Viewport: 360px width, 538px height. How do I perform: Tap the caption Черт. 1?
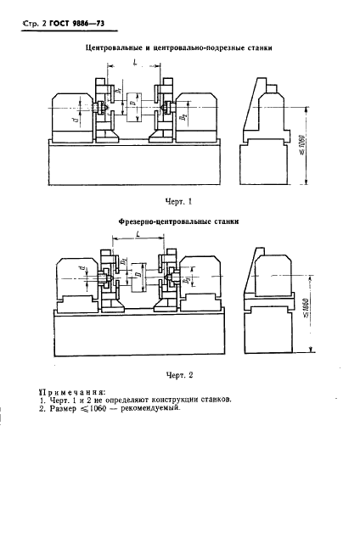click(x=177, y=200)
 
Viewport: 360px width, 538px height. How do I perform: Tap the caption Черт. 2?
click(x=178, y=373)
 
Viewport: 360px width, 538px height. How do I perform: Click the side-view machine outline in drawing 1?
click(x=268, y=127)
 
